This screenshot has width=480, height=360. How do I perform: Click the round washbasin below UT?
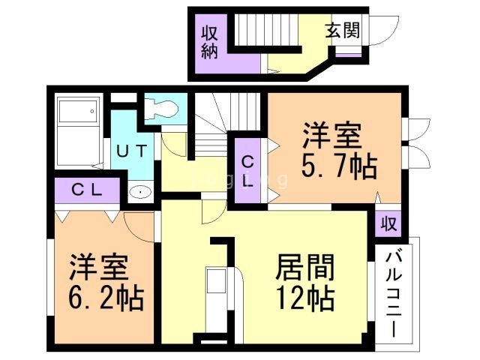pos(138,193)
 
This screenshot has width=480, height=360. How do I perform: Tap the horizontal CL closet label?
pos(87,190)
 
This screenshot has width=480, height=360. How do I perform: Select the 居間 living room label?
pos(304,267)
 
